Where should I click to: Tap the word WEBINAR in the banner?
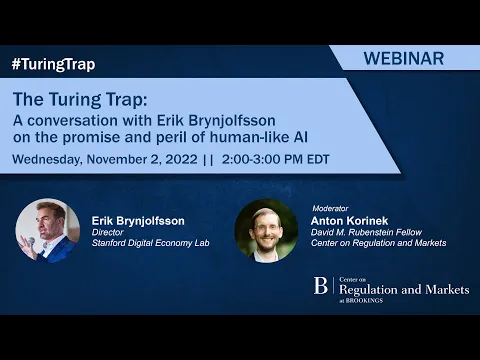[405, 58]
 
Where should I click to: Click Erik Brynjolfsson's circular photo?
[47, 231]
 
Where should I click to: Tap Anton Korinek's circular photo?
[266, 231]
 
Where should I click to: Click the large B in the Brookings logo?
[321, 286]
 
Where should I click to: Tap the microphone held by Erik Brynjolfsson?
[30, 240]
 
